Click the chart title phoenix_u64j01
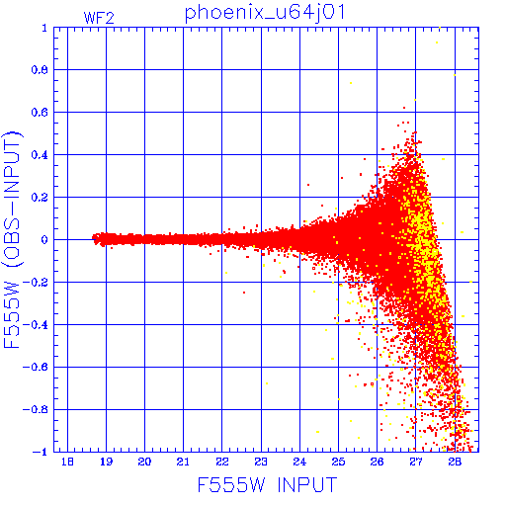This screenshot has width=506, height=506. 265,13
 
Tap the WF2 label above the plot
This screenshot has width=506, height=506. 99,18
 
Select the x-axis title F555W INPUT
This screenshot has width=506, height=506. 267,485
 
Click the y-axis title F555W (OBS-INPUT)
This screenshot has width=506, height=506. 12,240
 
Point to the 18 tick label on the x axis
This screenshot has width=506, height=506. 67,462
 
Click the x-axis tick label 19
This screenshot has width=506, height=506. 106,462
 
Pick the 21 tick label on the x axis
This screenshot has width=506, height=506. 183,462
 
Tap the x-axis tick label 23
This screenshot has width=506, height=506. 261,462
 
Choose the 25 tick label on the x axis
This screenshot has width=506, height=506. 338,462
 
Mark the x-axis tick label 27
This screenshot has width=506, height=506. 416,462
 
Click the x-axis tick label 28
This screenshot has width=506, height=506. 455,462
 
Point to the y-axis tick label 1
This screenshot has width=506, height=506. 44,28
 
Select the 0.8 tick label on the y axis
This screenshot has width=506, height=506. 40,70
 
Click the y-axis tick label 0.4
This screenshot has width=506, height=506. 40,155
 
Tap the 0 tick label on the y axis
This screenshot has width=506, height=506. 44,240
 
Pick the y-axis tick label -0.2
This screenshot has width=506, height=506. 36,283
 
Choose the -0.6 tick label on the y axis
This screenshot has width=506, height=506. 36,367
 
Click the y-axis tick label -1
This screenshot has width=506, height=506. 41,452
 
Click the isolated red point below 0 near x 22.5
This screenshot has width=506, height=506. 244,293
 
